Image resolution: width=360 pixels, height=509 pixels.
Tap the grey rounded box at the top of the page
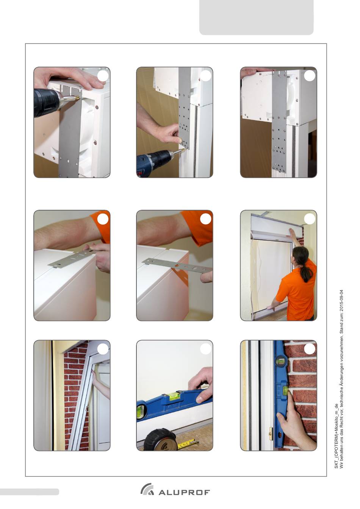(256, 17)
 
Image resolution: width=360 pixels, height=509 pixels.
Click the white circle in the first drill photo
(103, 76)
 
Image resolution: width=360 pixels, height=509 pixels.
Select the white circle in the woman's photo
(310, 219)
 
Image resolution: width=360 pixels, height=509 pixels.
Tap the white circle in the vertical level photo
(310, 349)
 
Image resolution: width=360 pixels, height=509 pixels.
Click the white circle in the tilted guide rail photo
(103, 349)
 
